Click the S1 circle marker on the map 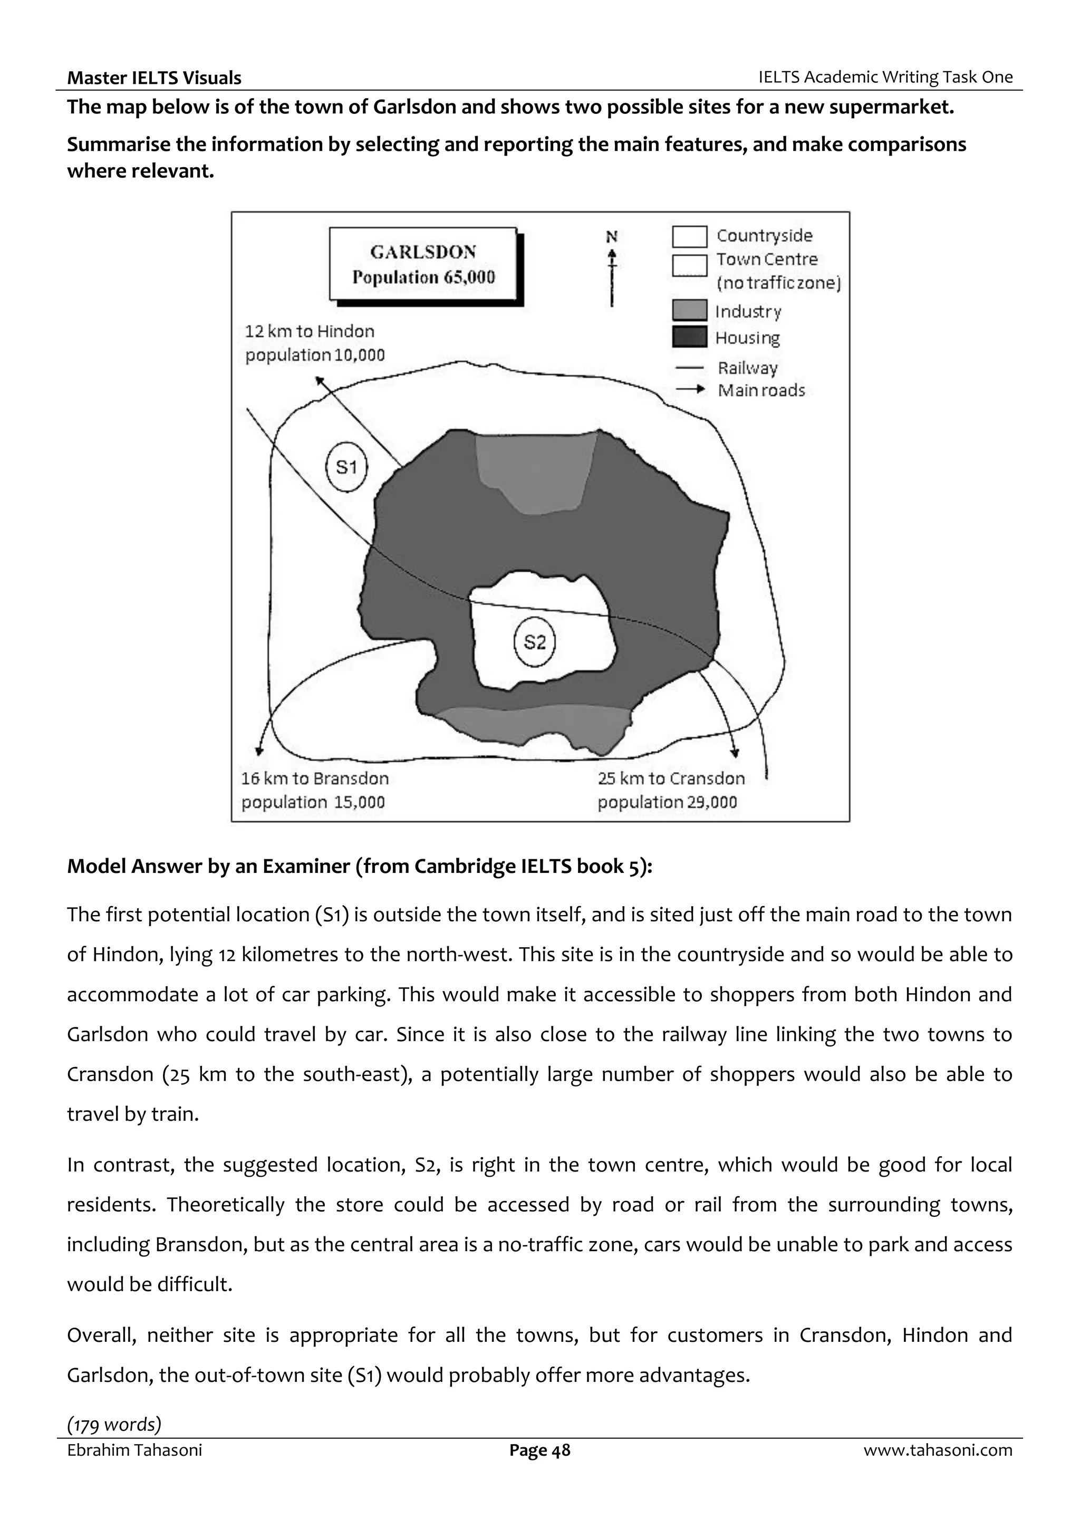point(346,467)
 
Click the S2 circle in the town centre point(535,642)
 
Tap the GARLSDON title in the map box point(423,252)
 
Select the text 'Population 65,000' point(423,277)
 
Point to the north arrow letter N point(612,236)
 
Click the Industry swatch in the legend point(689,311)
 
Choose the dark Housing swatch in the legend point(689,338)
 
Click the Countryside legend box point(689,236)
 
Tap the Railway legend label point(747,368)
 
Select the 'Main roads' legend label point(761,391)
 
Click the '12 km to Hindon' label point(310,331)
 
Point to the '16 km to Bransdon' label point(315,779)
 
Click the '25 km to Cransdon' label point(671,779)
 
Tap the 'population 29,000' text point(667,802)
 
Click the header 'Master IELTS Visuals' point(155,78)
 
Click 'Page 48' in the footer point(539,1450)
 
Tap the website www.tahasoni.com point(938,1450)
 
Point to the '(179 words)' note point(114,1424)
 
